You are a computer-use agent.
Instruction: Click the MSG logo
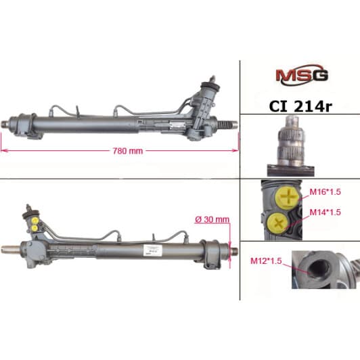[302, 74]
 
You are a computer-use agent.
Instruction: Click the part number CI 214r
[300, 106]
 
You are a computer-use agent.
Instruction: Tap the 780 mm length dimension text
[128, 151]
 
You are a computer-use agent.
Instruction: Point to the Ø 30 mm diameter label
[212, 219]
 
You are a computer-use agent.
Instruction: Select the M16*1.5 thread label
[325, 192]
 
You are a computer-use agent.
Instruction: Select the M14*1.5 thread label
[325, 212]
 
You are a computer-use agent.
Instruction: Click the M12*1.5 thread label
[266, 261]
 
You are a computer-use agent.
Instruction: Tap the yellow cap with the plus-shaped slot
[288, 197]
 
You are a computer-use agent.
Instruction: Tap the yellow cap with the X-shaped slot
[279, 223]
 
